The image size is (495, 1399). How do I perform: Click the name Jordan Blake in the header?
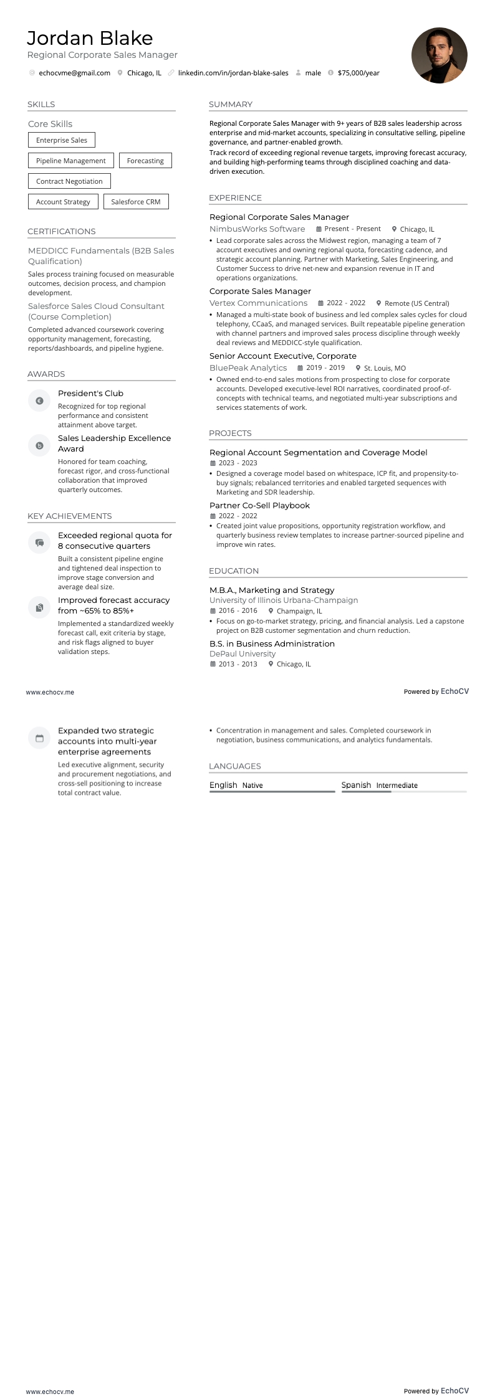point(90,39)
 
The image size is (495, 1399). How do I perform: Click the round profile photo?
point(439,55)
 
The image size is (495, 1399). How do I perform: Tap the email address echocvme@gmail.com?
point(74,73)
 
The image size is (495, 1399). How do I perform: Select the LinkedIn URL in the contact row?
point(233,73)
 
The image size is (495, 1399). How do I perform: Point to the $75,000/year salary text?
point(358,73)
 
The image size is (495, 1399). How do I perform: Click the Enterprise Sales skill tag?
point(62,140)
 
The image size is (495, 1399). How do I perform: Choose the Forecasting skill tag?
point(145,161)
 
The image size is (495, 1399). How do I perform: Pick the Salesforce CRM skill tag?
point(136,202)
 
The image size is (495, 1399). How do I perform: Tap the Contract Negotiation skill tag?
point(69,181)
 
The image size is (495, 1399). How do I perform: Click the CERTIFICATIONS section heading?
point(62,231)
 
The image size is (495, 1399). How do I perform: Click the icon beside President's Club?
point(39,401)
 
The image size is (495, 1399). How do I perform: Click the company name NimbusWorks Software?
point(257,229)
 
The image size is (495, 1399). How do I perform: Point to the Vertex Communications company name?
point(258,303)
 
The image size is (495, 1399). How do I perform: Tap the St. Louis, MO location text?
point(385,368)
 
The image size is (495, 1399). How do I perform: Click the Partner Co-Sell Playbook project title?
point(259,505)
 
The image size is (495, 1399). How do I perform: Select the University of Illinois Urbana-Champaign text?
point(284,600)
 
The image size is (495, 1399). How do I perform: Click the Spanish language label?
point(356,785)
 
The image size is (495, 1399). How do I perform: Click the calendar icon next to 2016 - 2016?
point(213,611)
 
